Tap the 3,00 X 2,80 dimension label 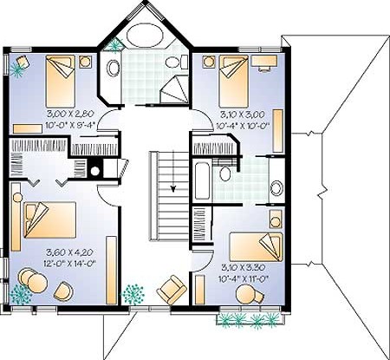(71, 114)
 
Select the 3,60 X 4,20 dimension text (69, 252)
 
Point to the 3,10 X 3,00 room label (243, 115)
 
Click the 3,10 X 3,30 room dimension (243, 267)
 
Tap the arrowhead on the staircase (173, 189)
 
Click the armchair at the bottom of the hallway (172, 290)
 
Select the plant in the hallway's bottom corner (133, 294)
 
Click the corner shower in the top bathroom (174, 89)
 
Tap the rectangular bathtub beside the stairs (202, 181)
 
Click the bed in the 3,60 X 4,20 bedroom (50, 220)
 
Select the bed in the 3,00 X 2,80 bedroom (60, 81)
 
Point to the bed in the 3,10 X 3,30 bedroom (257, 247)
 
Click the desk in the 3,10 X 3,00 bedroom (264, 62)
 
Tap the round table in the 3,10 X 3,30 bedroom (245, 294)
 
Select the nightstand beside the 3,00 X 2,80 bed (85, 62)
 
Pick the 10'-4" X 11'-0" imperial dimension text (244, 279)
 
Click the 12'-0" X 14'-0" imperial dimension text (70, 264)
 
